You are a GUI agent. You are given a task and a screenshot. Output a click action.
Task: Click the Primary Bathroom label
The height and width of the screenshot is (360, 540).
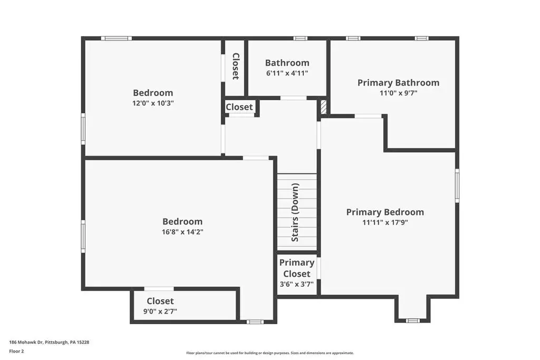tap(398, 83)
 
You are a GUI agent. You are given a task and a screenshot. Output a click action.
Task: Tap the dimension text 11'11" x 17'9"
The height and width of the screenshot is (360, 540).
tap(385, 222)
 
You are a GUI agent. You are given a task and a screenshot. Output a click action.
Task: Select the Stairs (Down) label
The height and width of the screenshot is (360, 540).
tap(295, 212)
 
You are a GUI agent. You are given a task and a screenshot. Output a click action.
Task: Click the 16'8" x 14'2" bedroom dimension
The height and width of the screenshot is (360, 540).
tap(182, 232)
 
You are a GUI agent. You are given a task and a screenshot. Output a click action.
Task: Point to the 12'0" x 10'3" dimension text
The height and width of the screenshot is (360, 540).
tap(153, 103)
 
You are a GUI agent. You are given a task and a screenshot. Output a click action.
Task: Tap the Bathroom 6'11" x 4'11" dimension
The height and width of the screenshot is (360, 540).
tap(287, 73)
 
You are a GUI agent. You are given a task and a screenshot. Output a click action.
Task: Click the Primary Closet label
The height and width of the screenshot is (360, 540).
tap(296, 268)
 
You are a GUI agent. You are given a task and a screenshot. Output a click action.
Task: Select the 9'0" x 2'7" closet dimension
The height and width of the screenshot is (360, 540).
tap(160, 312)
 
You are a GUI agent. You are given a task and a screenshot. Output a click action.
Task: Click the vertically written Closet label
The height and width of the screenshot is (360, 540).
tap(236, 66)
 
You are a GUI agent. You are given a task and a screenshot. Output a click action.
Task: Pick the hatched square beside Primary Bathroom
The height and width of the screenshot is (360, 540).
tap(323, 106)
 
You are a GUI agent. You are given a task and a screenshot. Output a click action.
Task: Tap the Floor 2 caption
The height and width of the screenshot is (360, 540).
tap(16, 352)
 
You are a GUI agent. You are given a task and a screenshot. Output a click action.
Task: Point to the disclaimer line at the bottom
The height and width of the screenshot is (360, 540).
tap(270, 353)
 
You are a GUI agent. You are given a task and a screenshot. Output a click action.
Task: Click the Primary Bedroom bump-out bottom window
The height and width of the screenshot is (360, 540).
tap(412, 321)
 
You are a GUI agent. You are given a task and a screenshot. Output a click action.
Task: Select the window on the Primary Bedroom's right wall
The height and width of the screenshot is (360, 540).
tap(457, 186)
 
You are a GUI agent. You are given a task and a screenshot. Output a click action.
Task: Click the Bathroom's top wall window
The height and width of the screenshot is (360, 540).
tap(300, 38)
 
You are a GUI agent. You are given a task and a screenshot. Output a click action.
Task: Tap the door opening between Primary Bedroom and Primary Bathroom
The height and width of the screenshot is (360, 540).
tap(368, 116)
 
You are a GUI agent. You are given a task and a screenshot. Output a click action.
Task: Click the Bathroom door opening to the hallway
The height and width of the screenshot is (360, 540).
tap(293, 98)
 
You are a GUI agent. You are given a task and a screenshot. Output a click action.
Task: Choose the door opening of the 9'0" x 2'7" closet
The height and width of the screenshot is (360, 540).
tap(159, 289)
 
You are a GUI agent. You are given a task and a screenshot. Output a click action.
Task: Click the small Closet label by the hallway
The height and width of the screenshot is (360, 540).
tap(239, 107)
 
